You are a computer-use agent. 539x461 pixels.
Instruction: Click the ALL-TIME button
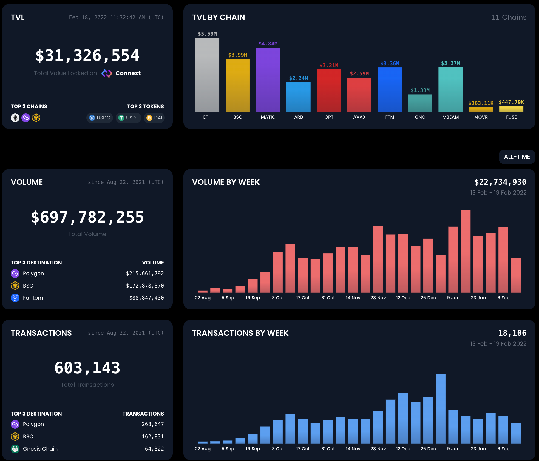coord(517,157)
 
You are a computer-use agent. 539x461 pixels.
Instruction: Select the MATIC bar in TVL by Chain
coord(268,80)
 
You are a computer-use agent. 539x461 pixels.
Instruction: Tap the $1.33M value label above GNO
coord(420,90)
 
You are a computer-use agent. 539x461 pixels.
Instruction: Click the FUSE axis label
coord(511,117)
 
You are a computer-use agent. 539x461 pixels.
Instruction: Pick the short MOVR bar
coord(481,110)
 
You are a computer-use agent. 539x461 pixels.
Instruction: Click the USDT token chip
coord(128,118)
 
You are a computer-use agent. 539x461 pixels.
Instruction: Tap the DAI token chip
coord(154,118)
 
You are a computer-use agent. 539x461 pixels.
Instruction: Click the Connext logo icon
coord(107,73)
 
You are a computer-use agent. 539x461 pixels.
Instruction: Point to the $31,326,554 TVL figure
coord(87,55)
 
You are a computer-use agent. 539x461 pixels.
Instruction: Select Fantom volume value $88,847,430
coord(146,298)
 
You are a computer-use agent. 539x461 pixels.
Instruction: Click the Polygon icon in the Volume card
coord(15,273)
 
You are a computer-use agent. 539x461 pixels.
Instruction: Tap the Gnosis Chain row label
coord(40,449)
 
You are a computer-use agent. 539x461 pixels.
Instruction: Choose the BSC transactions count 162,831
coord(153,436)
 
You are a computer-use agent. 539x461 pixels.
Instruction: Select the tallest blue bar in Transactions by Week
coord(441,408)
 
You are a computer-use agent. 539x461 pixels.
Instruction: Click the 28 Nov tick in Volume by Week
coord(378,298)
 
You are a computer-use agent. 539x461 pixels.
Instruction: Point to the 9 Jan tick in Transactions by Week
coord(453,449)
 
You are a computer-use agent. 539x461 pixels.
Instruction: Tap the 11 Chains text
coord(509,17)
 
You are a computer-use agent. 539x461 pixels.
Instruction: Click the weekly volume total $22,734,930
coord(500,182)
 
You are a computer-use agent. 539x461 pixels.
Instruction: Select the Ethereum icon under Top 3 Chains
coord(15,118)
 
